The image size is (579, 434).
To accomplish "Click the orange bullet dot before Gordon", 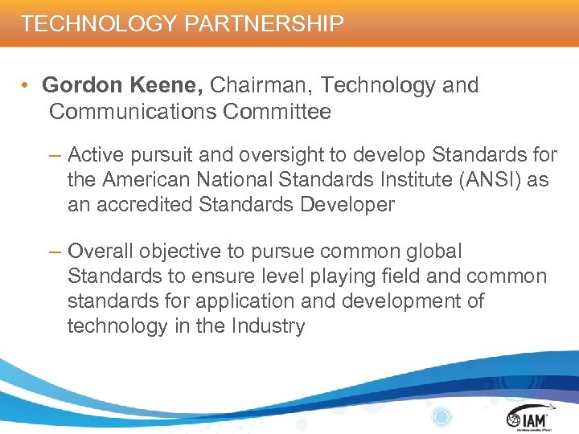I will (27, 86).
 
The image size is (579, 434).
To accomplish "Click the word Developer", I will (347, 204).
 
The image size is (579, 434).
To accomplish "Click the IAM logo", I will (528, 418).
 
